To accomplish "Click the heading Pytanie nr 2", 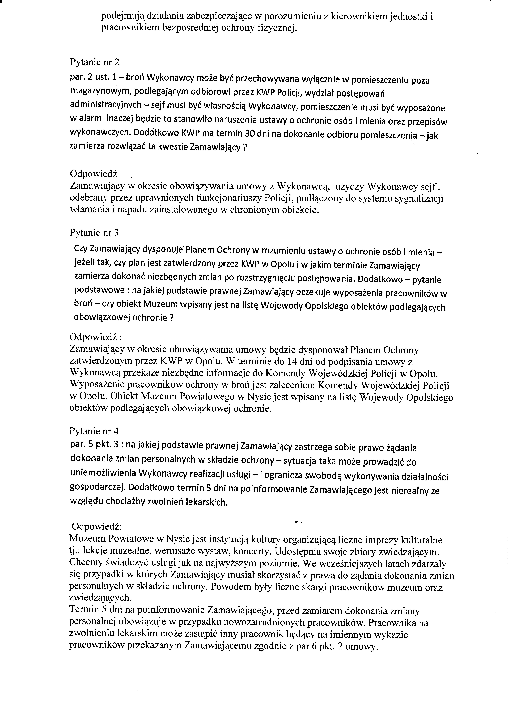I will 95,63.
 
